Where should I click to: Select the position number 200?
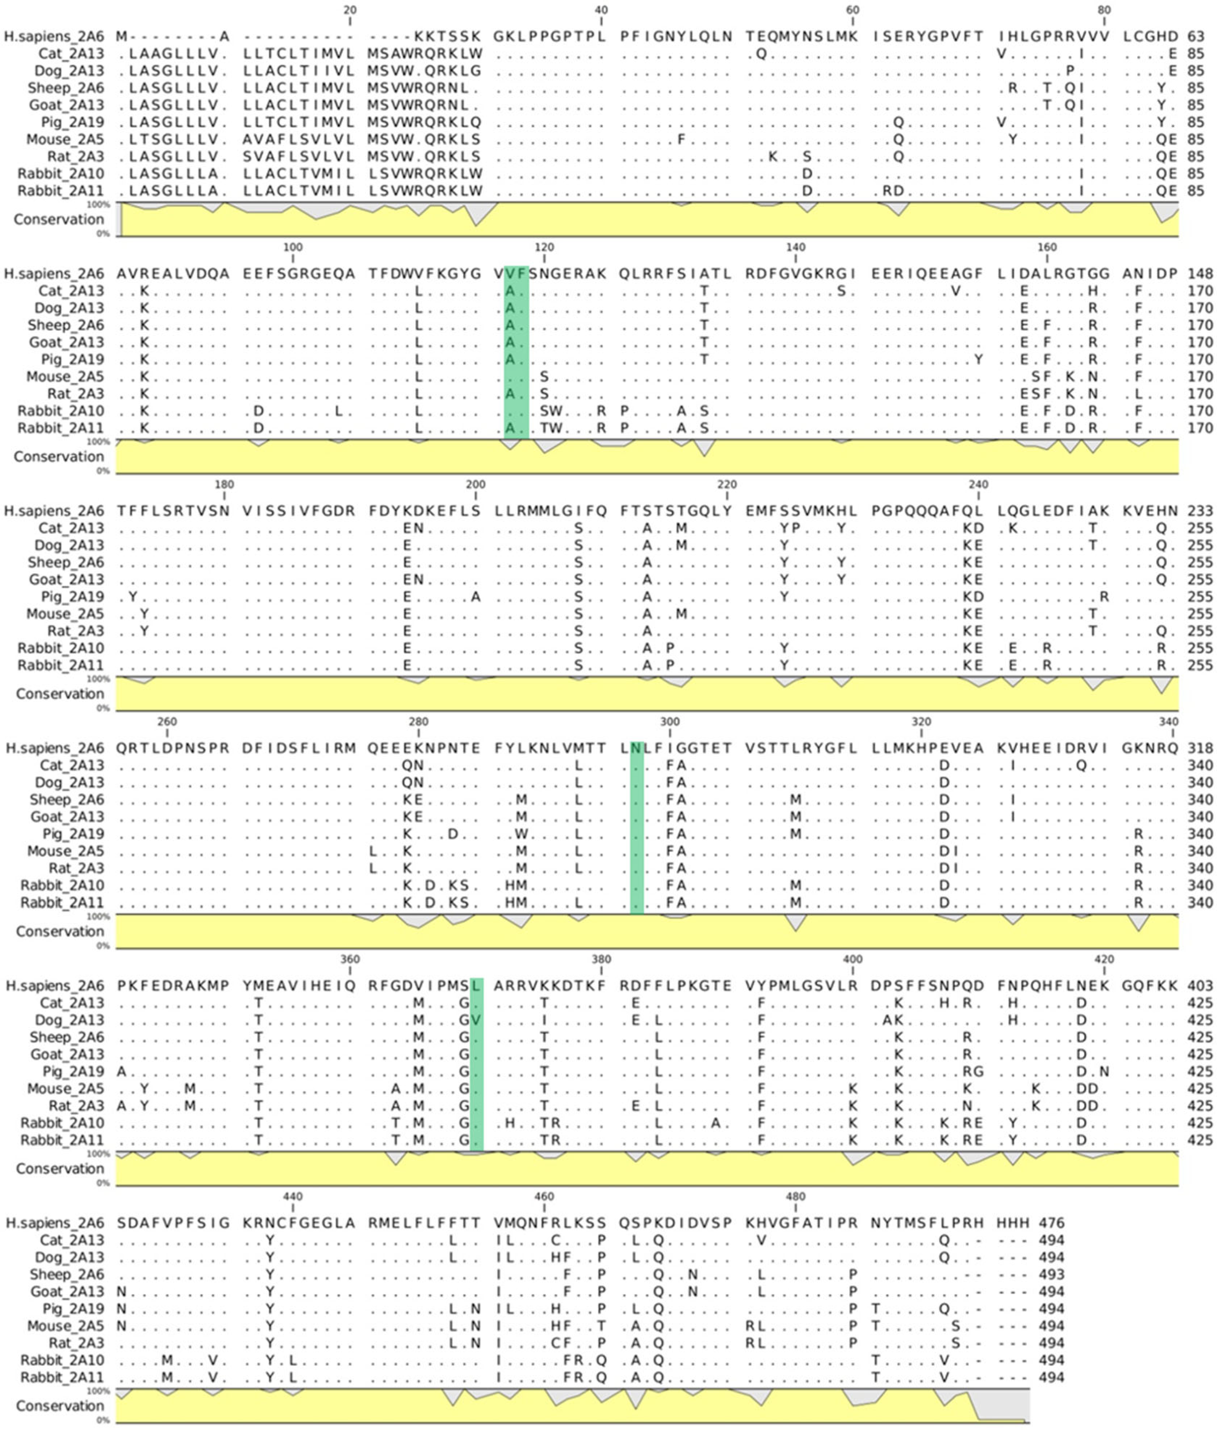[475, 484]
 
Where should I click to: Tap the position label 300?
[669, 722]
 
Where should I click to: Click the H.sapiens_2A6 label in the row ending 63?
[54, 36]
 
